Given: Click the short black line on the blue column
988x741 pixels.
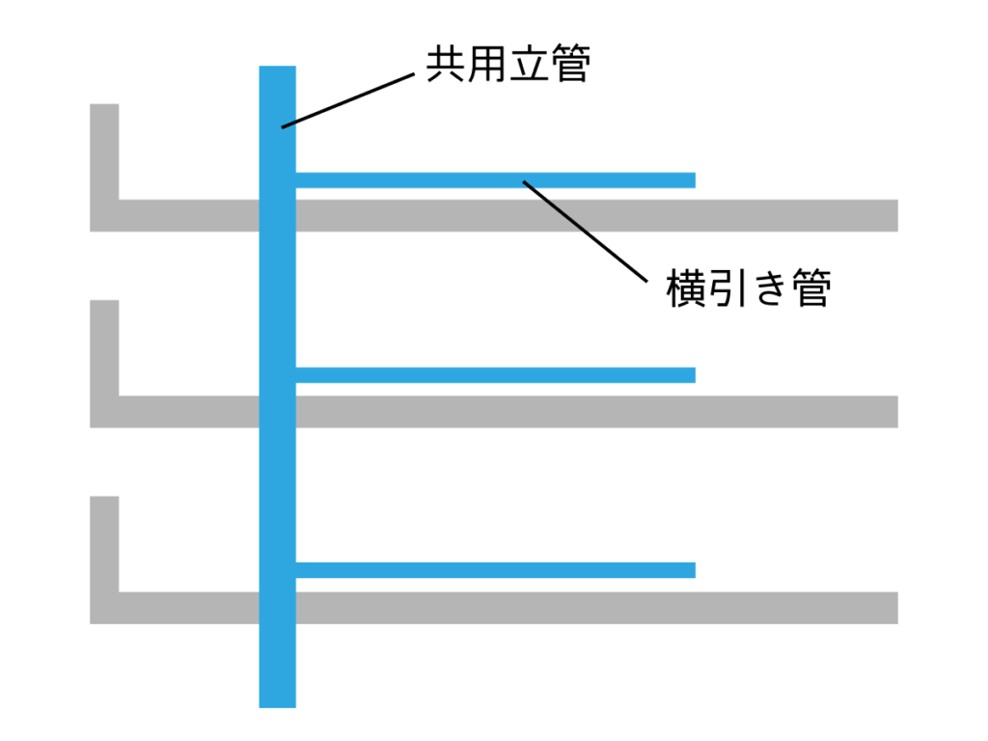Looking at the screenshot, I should [x=289, y=123].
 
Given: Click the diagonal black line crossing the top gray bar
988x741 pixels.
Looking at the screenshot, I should [x=556, y=207].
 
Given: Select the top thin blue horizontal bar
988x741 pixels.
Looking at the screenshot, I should [x=496, y=180].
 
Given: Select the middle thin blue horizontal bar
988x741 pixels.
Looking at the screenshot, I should [x=496, y=375].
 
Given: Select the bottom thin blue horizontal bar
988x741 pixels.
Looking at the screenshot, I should [x=496, y=570].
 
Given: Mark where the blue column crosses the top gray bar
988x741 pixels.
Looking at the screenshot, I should [x=277, y=215].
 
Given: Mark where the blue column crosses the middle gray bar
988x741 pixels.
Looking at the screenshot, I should [x=277, y=411].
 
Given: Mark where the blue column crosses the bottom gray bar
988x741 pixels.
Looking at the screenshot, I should [x=277, y=608].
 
